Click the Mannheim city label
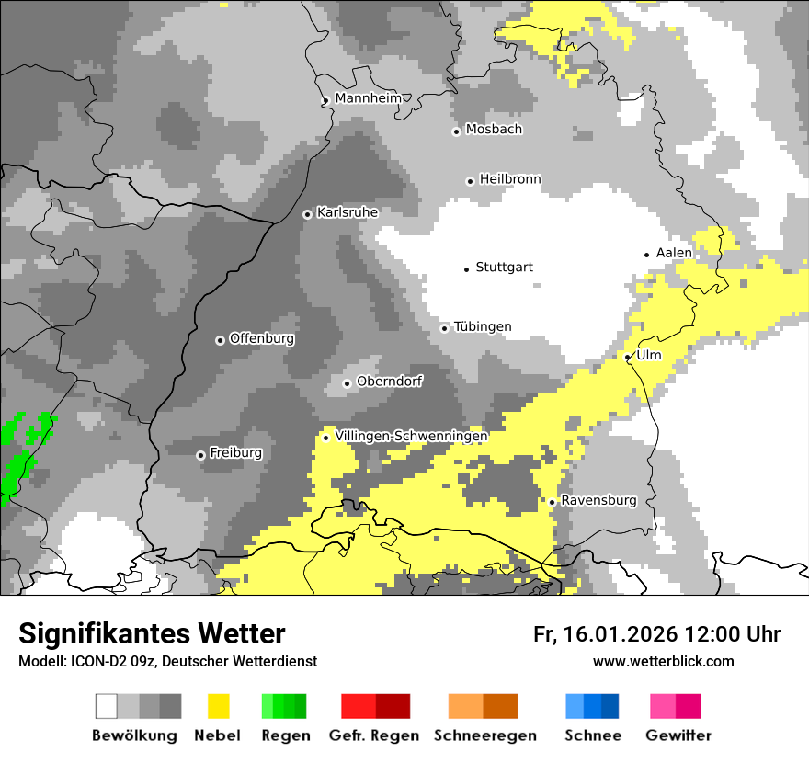click(x=368, y=98)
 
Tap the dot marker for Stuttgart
click(x=466, y=268)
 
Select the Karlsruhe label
click(x=347, y=212)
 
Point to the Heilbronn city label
click(x=510, y=179)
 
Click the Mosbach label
click(x=494, y=130)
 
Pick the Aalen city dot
click(x=647, y=255)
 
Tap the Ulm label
click(x=649, y=355)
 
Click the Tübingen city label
click(x=483, y=327)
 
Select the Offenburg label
click(x=262, y=338)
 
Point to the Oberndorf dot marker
click(x=347, y=383)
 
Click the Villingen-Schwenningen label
click(x=412, y=436)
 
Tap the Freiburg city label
click(x=235, y=453)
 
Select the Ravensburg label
click(x=598, y=501)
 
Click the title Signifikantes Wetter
click(x=152, y=634)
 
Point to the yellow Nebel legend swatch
click(x=219, y=706)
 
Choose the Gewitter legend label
click(x=678, y=735)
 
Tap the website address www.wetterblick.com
click(x=663, y=662)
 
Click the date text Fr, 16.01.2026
click(x=605, y=634)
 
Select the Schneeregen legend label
click(x=485, y=735)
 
